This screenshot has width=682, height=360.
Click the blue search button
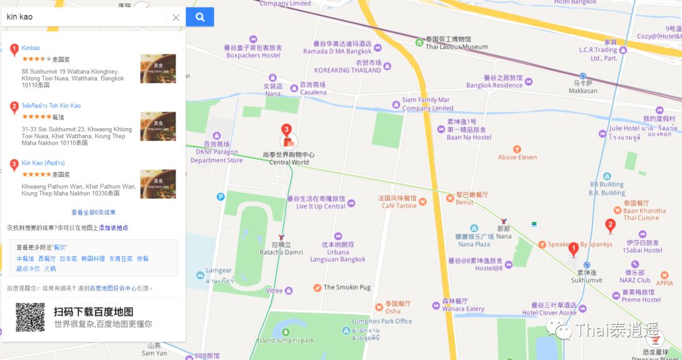200,17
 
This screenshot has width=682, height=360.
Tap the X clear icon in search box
176,18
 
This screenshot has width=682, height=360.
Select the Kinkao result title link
31,48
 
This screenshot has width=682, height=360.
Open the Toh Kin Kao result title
51,105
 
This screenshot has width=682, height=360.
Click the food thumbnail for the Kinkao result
158,69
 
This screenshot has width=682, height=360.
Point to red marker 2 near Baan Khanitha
610,225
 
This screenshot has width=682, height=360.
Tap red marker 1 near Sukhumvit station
573,249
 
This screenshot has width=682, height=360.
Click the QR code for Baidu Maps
30,318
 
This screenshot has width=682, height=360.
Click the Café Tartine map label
399,205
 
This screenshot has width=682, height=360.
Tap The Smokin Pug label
347,287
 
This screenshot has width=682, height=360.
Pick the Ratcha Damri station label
275,252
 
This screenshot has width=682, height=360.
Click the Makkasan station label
582,90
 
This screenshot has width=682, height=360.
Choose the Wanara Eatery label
463,309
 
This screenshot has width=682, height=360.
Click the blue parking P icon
221,196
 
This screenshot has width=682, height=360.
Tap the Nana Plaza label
474,244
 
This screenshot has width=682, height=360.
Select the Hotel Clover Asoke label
549,313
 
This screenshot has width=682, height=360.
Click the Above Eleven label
517,157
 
